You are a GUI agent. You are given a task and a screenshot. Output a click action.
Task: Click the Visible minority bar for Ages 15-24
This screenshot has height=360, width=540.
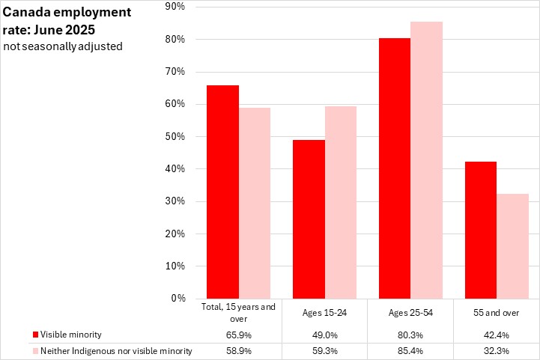coord(309,219)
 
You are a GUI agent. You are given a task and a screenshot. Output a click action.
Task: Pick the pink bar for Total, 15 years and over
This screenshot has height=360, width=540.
coord(255,203)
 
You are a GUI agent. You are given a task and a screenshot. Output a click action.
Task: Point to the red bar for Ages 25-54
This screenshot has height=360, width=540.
coord(395,168)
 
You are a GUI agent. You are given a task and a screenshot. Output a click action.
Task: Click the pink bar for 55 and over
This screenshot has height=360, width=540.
coord(512,246)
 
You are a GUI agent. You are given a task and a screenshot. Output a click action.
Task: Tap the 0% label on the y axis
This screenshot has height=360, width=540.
coord(179,299)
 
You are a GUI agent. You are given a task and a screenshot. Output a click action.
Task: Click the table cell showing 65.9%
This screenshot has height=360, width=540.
coord(239,335)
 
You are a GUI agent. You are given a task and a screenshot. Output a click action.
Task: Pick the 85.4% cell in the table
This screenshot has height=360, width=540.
coord(410,351)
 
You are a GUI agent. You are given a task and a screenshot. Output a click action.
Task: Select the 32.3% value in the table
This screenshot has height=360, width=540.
coord(497,351)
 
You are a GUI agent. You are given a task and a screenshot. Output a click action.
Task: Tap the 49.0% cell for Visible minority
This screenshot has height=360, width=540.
coord(325,335)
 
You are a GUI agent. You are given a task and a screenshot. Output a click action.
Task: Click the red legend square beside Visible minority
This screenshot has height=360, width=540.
coord(35,335)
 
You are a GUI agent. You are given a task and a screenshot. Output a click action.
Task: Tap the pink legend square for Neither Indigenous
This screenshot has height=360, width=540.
coord(35,351)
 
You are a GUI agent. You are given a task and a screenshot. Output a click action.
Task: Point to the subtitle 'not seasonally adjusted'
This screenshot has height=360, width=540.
coord(63,46)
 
